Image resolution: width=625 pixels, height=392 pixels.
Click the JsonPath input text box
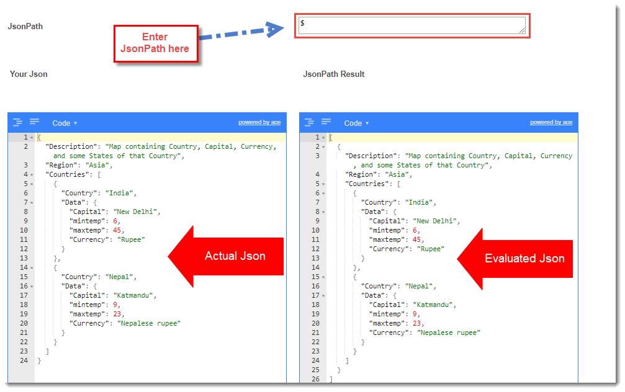coord(411,25)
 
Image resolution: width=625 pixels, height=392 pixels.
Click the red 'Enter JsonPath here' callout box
coord(156,43)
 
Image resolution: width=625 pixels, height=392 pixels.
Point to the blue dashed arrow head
coord(274,29)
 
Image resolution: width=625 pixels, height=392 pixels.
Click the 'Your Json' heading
coord(29,74)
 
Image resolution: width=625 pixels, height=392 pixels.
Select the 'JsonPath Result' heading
coord(334,74)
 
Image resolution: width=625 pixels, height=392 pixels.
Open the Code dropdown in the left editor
coord(65,123)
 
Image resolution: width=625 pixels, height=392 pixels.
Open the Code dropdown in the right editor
coord(356,123)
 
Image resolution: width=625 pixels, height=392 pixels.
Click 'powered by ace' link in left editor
coord(259,122)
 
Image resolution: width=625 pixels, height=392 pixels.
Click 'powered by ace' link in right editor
coord(551,122)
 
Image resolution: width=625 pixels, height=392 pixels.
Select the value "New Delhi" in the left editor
coord(135,212)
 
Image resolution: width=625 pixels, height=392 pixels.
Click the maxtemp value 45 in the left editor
coord(117,230)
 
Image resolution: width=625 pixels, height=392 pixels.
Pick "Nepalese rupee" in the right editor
coord(448,332)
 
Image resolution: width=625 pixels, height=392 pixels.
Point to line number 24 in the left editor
coord(24,360)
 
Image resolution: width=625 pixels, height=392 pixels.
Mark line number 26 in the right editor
coord(316,379)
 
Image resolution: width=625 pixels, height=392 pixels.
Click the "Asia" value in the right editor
coord(397,174)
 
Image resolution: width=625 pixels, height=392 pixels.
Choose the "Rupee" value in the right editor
coord(431,249)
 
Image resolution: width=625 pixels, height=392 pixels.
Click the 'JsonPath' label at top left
coord(25,26)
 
